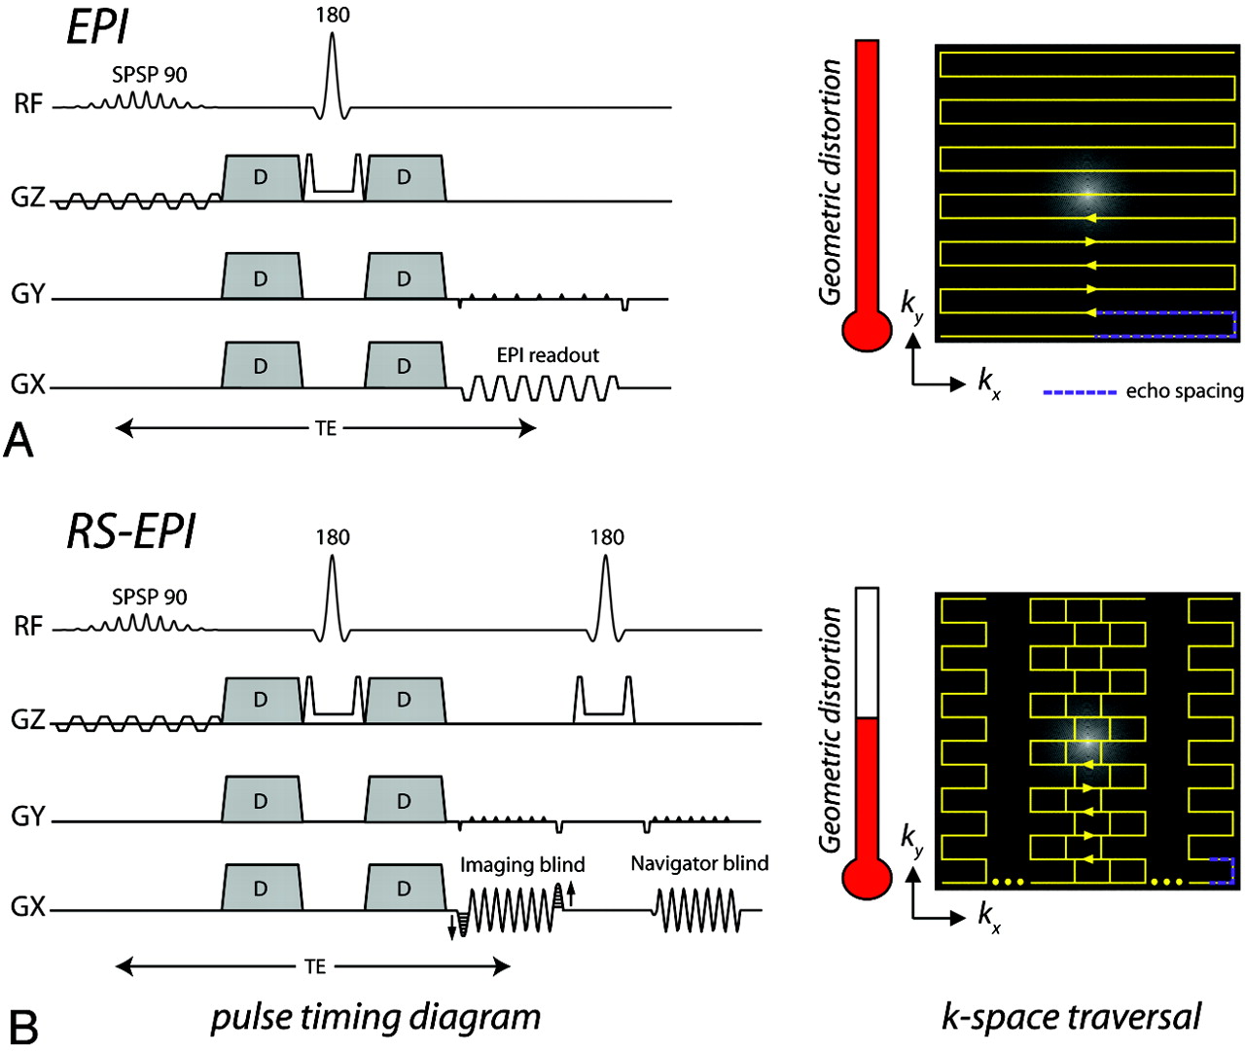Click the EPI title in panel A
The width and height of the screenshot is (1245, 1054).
97,27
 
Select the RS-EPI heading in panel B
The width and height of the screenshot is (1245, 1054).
131,531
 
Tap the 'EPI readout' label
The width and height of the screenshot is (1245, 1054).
548,355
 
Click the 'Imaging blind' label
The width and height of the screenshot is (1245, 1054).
522,864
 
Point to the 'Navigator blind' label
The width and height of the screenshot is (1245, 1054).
699,863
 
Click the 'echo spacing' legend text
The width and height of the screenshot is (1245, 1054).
1184,391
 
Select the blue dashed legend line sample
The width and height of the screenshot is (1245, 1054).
1079,392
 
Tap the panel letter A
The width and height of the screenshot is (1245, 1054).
18,441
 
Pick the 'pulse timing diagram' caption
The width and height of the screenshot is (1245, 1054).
375,1017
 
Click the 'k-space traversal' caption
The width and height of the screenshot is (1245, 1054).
1071,1017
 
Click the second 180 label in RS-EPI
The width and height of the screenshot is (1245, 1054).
607,537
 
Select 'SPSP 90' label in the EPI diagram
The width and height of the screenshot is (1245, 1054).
149,75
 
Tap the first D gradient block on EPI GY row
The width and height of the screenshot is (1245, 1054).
261,278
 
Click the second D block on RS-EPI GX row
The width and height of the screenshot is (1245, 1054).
404,889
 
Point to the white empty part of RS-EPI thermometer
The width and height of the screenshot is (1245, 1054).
867,652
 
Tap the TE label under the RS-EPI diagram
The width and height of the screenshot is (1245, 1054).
314,966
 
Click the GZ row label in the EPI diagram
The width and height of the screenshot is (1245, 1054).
28,198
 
